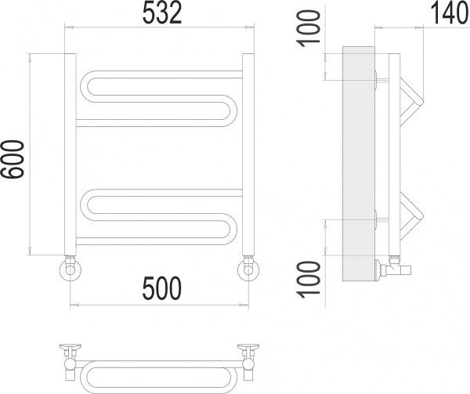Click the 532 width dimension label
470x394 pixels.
pyautogui.click(x=162, y=14)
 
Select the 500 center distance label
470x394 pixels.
pyautogui.click(x=162, y=288)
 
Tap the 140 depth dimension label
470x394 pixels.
pyautogui.click(x=450, y=14)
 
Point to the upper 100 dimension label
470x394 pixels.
pyautogui.click(x=309, y=28)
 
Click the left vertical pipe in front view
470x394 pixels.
pyautogui.click(x=70, y=154)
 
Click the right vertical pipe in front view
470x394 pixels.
pyautogui.click(x=248, y=154)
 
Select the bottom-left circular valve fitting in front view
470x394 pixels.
pyautogui.click(x=70, y=269)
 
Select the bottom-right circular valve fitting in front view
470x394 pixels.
pyautogui.click(x=248, y=269)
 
